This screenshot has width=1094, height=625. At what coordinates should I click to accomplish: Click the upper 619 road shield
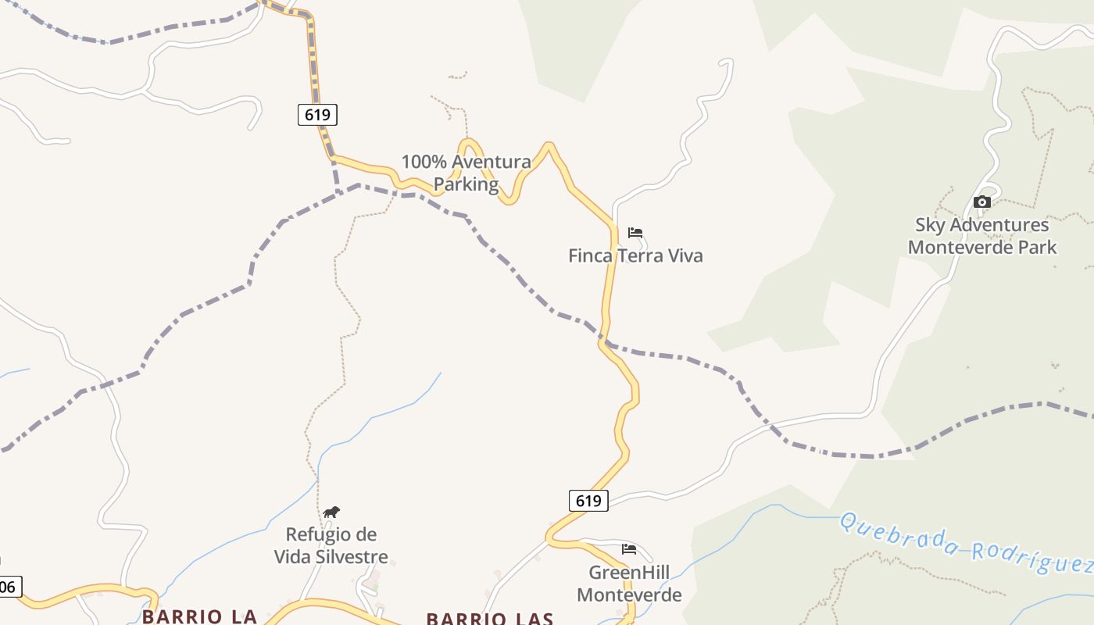317,115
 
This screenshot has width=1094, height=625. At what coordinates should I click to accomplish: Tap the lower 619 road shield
588,501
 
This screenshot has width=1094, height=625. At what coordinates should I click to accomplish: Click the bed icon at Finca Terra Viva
635,233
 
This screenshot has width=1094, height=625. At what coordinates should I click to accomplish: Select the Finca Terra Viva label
635,255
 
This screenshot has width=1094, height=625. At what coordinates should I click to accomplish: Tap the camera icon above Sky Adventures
982,202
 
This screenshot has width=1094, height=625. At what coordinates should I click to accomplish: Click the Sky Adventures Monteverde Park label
982,236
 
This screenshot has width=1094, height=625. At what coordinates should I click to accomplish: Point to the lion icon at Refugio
331,512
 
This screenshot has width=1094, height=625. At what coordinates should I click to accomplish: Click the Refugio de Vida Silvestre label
331,545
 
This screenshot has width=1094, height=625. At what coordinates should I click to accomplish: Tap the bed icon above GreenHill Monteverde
629,549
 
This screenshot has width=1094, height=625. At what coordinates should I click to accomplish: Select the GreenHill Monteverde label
629,584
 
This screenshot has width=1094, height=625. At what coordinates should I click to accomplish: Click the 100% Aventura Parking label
467,173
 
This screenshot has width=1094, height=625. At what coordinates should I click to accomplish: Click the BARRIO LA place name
200,616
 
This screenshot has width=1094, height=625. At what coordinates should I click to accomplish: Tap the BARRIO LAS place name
490,619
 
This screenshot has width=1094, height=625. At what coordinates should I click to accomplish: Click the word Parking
467,184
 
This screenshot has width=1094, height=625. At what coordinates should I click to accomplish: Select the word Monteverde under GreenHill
629,595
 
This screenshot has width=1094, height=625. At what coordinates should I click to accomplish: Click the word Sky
930,225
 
